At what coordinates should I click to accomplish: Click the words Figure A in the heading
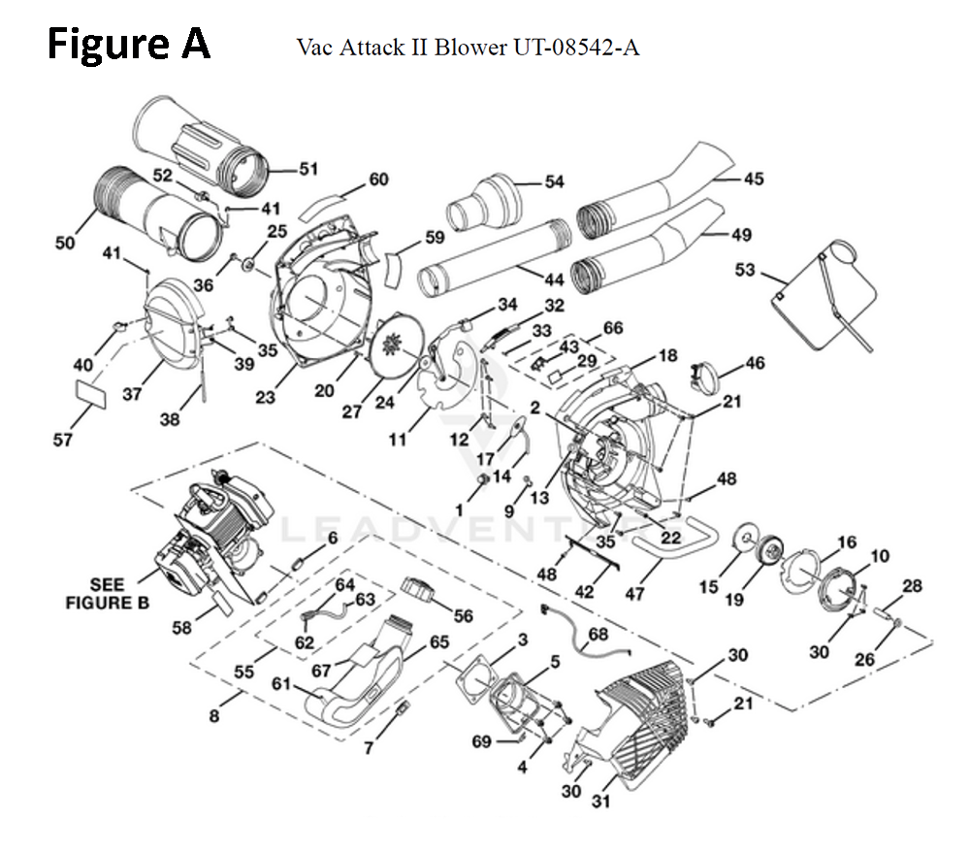pyautogui.click(x=129, y=44)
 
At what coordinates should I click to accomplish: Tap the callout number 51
pyautogui.click(x=307, y=170)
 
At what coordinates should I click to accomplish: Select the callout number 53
pyautogui.click(x=745, y=269)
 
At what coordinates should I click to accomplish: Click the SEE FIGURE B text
pyautogui.click(x=107, y=592)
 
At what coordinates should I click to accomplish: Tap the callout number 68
pyautogui.click(x=598, y=634)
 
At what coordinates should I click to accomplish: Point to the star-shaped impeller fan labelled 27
pyautogui.click(x=395, y=346)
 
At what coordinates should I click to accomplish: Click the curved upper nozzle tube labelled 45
pyautogui.click(x=650, y=194)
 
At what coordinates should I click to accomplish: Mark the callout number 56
pyautogui.click(x=463, y=615)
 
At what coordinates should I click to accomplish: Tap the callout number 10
pyautogui.click(x=879, y=556)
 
